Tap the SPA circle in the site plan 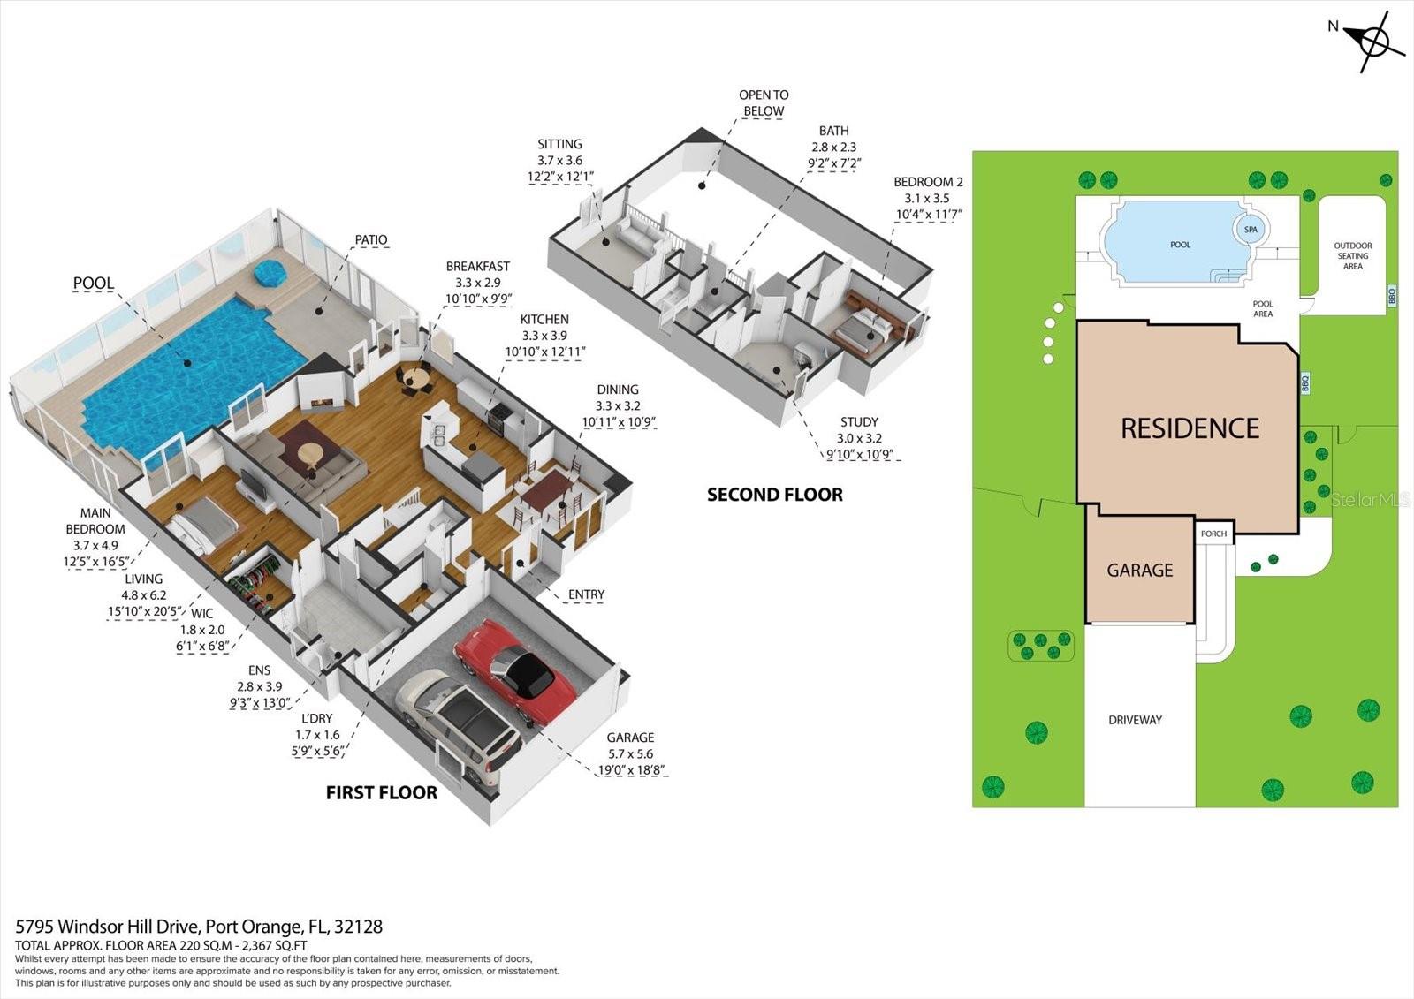[1251, 230]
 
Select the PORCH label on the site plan [1213, 534]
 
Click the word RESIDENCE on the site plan [1190, 428]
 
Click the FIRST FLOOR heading [382, 793]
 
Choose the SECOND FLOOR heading [774, 495]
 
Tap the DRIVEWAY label [1135, 720]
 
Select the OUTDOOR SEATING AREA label [1352, 255]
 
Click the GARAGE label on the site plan [1139, 571]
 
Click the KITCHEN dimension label [544, 336]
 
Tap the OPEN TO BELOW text [764, 102]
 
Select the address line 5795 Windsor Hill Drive [199, 927]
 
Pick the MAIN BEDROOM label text [95, 521]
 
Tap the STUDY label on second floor [859, 422]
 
